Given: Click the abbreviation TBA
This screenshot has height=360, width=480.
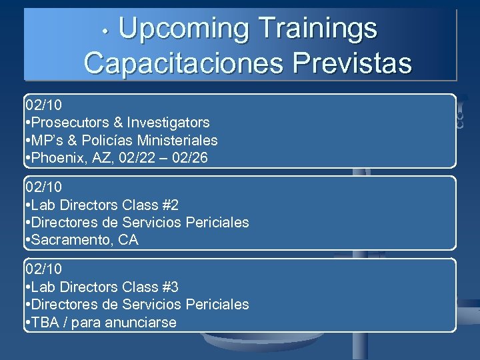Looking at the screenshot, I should click(x=45, y=323).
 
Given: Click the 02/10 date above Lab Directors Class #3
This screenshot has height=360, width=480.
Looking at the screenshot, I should click(x=43, y=269).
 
